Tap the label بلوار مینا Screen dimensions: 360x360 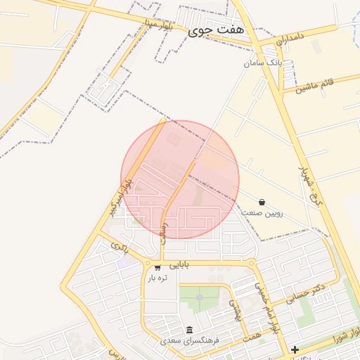pyautogui.click(x=156, y=26)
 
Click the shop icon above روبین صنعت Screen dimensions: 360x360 pyautogui.click(x=262, y=201)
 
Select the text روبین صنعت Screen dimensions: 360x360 pyautogui.click(x=262, y=212)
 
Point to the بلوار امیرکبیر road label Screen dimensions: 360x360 pyautogui.click(x=117, y=198)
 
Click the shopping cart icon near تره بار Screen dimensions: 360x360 pyautogui.click(x=157, y=266)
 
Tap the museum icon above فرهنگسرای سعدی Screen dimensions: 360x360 pyautogui.click(x=189, y=330)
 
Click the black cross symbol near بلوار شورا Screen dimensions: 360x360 pyautogui.click(x=295, y=349)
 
